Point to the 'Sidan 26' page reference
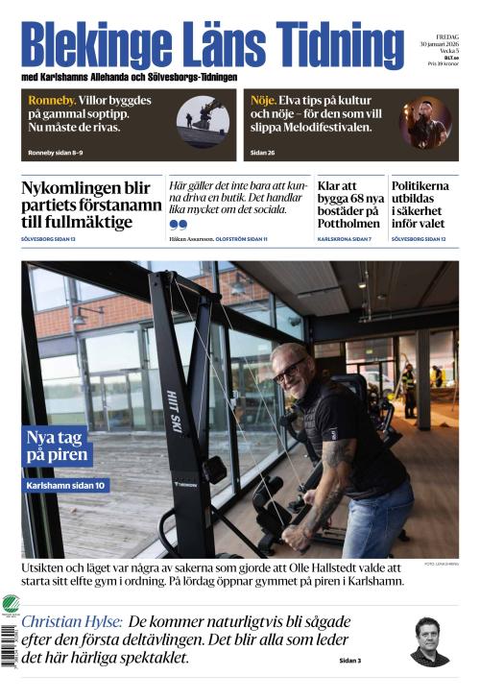(263, 154)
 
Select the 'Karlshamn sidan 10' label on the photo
(65, 486)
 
